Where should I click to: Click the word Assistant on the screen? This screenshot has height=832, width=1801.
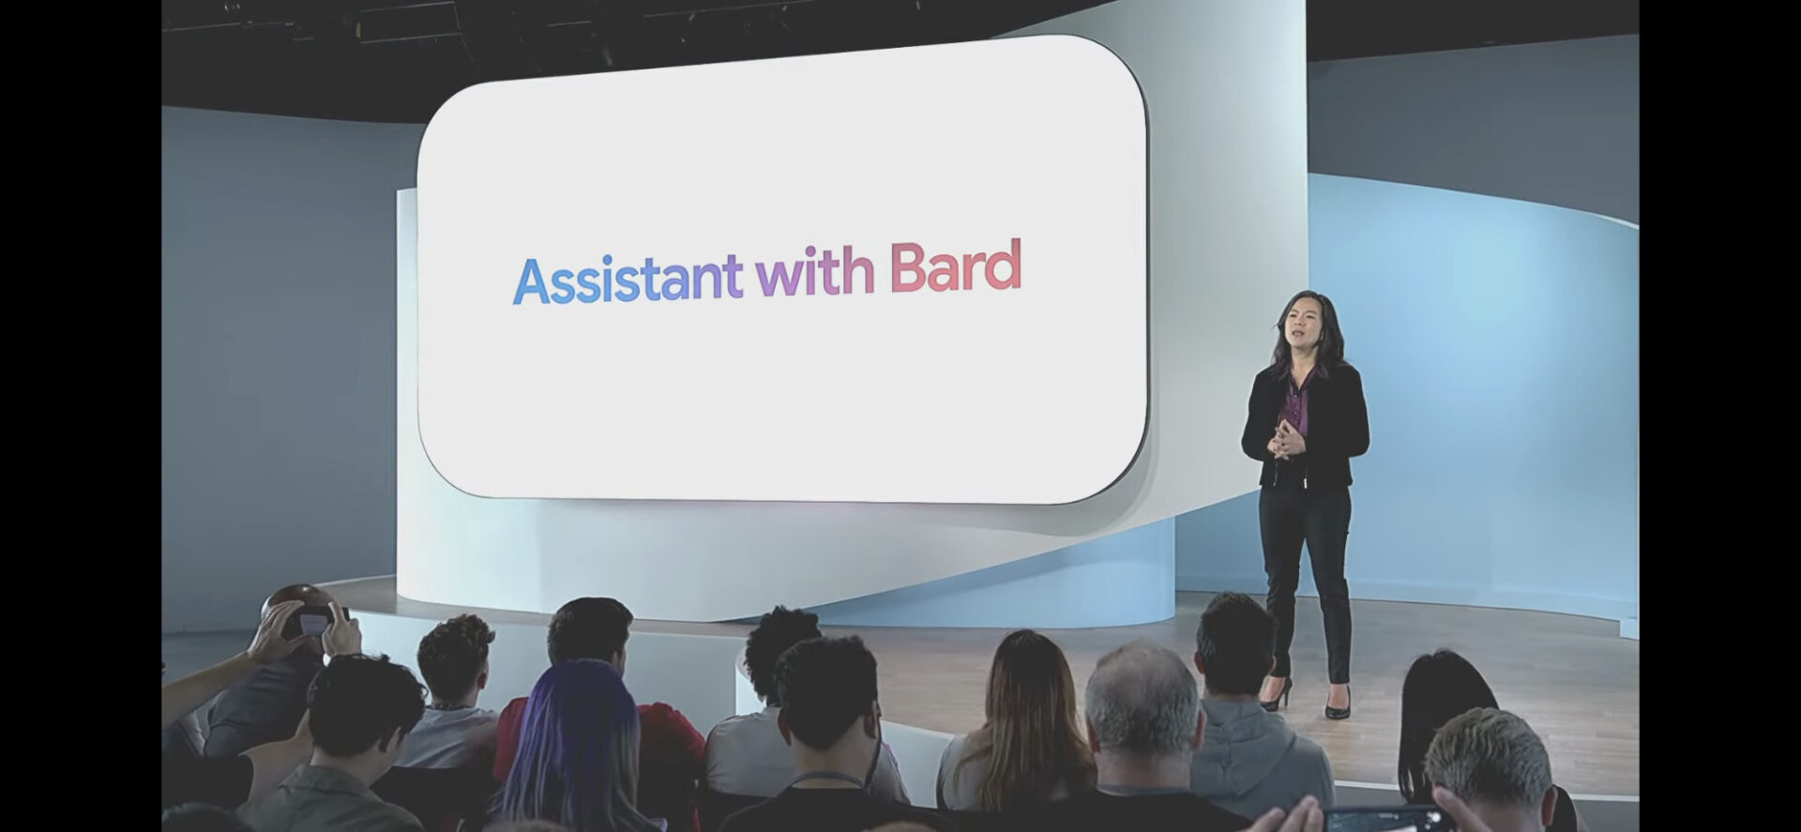628,278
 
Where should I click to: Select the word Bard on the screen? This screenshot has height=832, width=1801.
955,266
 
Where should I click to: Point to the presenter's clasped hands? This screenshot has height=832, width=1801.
1288,438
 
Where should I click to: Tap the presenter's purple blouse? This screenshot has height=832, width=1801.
1296,399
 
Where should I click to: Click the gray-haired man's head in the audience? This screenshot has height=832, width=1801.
1142,698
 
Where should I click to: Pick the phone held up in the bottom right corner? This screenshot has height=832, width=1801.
1375,819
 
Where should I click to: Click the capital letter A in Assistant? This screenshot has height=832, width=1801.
532,280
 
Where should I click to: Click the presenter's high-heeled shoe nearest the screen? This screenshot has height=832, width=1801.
1277,695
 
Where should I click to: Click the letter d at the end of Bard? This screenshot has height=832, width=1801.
1004,266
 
